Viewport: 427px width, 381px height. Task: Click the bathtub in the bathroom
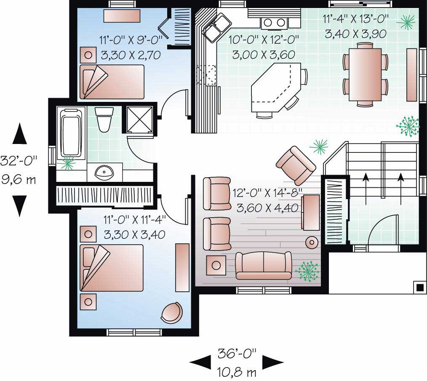point(72,132)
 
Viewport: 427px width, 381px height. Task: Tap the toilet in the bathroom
point(104,120)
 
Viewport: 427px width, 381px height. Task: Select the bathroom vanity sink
point(104,172)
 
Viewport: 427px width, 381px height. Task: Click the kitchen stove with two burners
point(275,23)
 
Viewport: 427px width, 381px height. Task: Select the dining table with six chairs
point(365,74)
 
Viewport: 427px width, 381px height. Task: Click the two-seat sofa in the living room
point(263,265)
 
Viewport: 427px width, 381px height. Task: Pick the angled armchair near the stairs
point(295,165)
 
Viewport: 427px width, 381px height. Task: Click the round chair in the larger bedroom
point(172,312)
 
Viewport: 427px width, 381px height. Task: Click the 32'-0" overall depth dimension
point(19,161)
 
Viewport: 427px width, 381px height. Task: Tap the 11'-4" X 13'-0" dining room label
point(356,26)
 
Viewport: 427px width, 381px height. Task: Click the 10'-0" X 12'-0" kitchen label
point(264,47)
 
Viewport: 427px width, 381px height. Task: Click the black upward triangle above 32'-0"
point(19,134)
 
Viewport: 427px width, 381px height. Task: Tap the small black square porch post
point(419,287)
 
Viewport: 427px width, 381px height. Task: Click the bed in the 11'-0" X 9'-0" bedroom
point(112,81)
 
